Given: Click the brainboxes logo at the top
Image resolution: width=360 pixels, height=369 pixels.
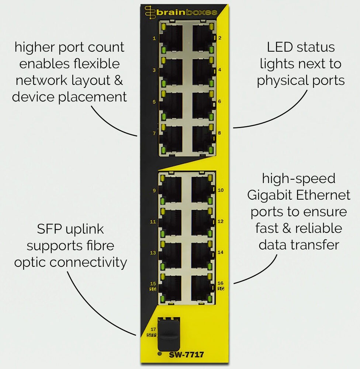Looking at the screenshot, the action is pos(181,12).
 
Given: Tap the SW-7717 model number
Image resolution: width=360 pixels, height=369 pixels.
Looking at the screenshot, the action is pos(186,354).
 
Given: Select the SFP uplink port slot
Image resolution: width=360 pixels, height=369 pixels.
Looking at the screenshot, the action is pos(169,335).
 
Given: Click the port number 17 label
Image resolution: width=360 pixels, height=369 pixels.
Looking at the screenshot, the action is pos(153,329).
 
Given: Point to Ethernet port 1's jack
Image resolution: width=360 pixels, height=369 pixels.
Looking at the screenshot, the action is pos(171,38).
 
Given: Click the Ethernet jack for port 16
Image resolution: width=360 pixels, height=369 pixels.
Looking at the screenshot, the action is pos(202,289).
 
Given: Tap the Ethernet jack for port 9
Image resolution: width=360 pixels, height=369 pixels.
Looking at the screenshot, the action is pos(170,190).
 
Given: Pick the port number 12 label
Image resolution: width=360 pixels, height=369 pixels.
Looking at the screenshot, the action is pos(221,221).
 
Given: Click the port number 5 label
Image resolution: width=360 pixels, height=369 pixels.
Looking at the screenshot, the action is pos(154,102).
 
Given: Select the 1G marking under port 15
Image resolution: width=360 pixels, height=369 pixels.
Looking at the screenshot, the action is pos(153,289).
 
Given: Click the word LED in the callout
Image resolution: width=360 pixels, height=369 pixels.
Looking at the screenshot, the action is pos(280,47).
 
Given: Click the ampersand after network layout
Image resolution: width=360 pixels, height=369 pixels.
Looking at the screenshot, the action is pos(119,80).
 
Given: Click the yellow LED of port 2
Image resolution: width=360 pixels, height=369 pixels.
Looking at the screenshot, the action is pos(211,26).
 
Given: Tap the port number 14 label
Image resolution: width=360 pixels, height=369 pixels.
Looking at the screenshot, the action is pos(221,252).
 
